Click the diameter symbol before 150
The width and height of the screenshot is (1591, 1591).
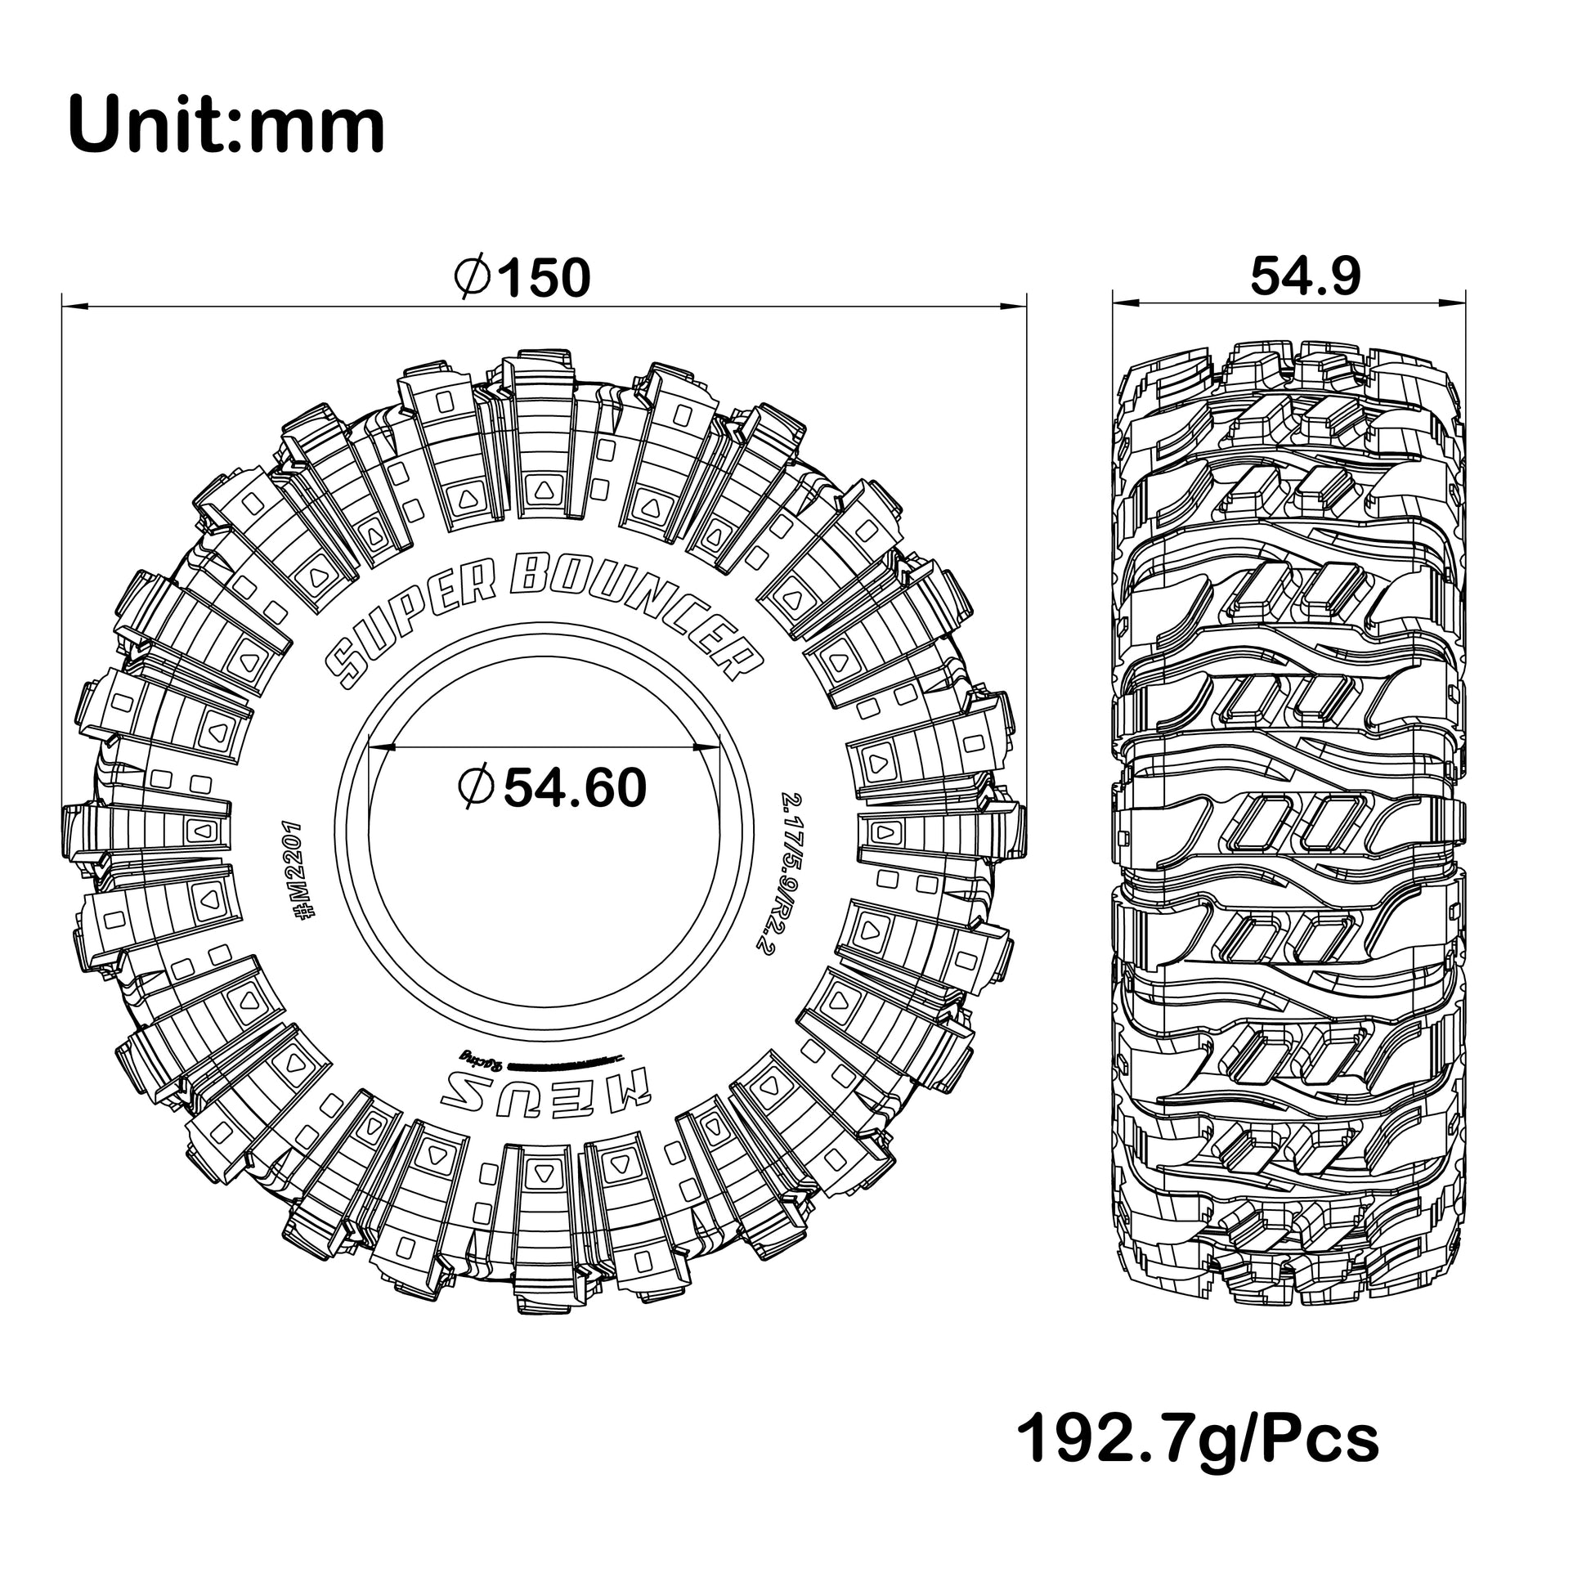473,278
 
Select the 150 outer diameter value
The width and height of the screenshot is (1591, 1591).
545,278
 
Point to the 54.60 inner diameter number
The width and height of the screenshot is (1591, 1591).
575,788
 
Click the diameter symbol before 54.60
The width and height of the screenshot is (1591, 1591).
475,788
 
